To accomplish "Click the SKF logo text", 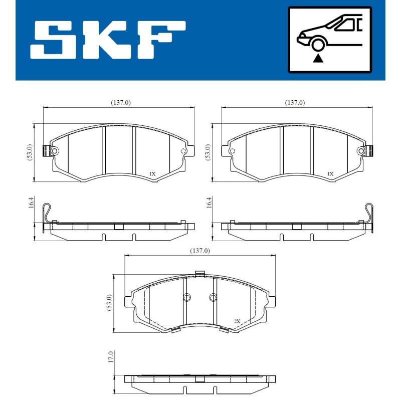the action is [108, 40].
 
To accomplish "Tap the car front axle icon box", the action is [330, 40].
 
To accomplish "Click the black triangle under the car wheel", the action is [318, 58].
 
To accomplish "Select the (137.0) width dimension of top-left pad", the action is [121, 103].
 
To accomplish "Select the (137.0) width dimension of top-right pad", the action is [295, 103].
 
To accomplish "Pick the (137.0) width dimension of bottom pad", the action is [200, 251].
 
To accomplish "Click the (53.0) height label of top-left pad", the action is [30, 152].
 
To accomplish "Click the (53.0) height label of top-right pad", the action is [208, 152].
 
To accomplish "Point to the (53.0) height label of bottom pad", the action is [109, 303].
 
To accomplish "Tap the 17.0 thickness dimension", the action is [110, 357].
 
